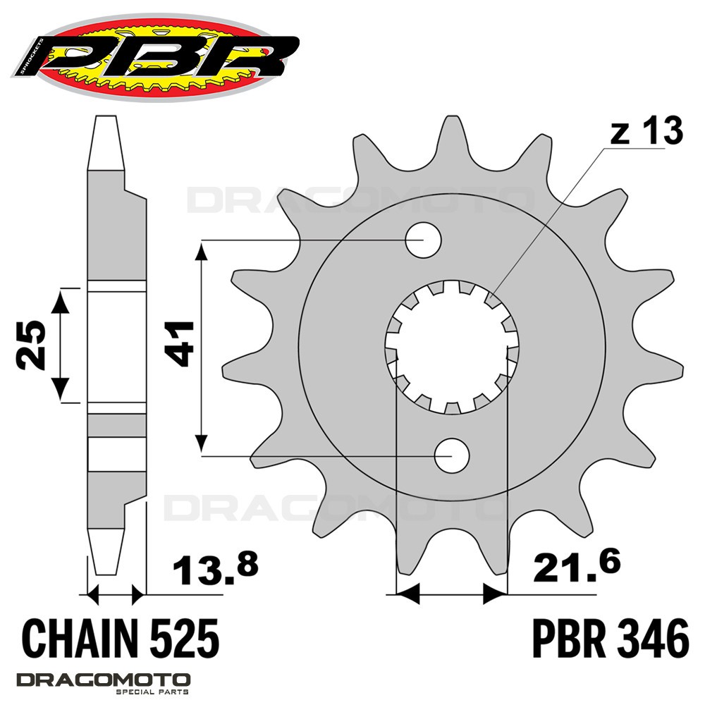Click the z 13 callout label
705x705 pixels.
646,131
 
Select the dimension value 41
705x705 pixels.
179,343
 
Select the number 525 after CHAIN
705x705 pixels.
184,639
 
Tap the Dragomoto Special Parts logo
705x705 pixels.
104,683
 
